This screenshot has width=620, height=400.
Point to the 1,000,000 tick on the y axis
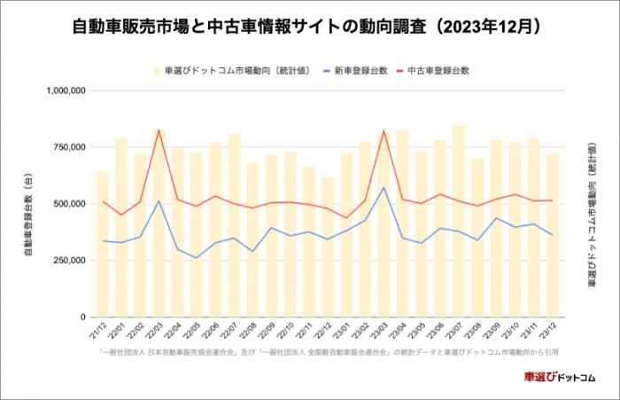point(65,90)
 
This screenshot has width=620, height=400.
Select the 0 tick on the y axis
point(82,317)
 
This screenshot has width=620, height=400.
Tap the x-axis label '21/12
point(102,331)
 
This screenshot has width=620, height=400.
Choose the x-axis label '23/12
point(550,331)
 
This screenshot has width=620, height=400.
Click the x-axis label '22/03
point(159,331)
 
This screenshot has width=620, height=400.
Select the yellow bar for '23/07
point(458,221)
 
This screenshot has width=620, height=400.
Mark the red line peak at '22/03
point(159,130)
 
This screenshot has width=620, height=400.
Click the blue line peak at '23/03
point(384,187)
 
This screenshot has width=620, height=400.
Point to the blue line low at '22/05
point(197,258)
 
